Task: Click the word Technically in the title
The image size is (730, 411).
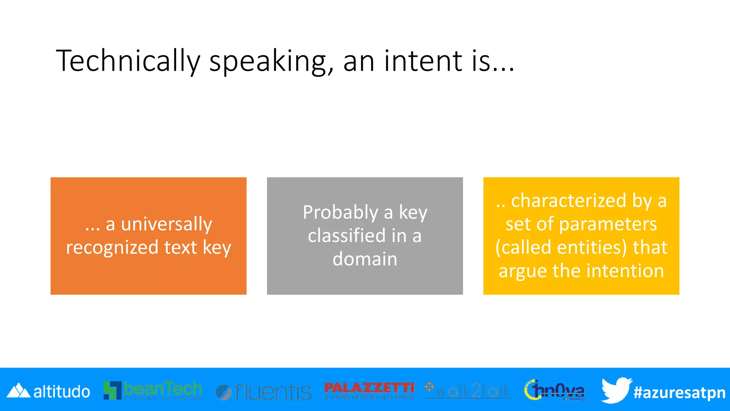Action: click(x=128, y=61)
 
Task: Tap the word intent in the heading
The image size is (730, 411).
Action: click(x=423, y=61)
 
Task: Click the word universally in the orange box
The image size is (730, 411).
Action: click(x=166, y=224)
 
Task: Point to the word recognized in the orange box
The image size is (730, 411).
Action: click(x=112, y=248)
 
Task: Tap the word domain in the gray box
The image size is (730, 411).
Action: click(x=365, y=259)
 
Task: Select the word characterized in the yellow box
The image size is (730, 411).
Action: click(x=569, y=201)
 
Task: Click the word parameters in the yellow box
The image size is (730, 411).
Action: click(x=607, y=224)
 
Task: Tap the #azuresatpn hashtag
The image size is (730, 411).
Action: click(x=679, y=392)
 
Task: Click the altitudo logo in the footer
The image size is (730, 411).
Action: click(x=48, y=391)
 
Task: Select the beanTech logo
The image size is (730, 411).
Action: click(x=153, y=390)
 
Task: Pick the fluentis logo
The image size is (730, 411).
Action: click(x=264, y=392)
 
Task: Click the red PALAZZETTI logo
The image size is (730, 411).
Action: click(x=369, y=390)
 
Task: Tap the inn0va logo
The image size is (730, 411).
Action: click(x=554, y=390)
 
